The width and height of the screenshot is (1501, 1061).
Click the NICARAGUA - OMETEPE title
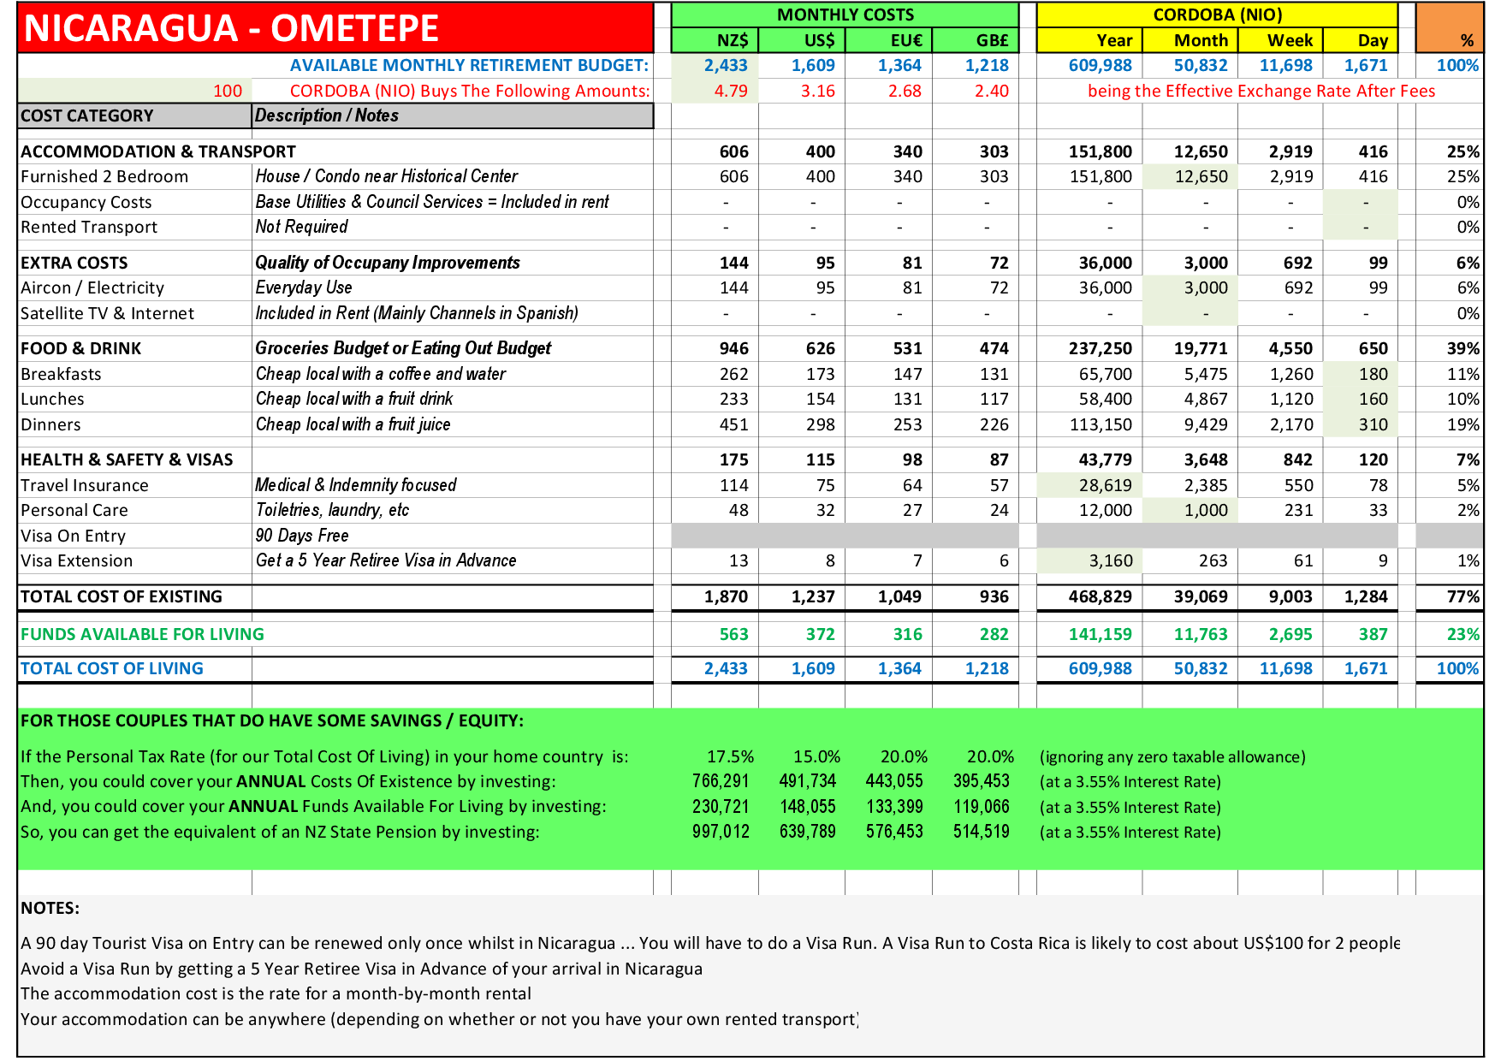(x=231, y=28)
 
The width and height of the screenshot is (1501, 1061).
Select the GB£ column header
(x=992, y=40)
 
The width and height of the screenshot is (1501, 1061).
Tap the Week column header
(x=1290, y=40)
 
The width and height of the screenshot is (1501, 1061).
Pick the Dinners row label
(x=51, y=425)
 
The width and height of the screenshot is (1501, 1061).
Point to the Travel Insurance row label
(x=85, y=485)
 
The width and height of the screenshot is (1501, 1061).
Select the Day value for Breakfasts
(x=1373, y=374)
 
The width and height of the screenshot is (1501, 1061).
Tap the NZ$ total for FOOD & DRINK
(x=733, y=348)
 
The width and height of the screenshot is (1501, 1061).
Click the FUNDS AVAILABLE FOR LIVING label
(x=142, y=634)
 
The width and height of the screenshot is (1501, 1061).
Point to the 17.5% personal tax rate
(x=730, y=756)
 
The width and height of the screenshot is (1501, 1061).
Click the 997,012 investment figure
(x=721, y=832)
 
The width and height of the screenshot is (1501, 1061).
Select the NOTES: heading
(x=50, y=908)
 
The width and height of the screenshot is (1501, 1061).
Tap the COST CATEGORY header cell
(x=87, y=116)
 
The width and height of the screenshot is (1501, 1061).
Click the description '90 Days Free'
(x=302, y=536)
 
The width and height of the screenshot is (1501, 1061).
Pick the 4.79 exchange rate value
(x=731, y=91)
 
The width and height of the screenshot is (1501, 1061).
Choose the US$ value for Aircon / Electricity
(x=824, y=288)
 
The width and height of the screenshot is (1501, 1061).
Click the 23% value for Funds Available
(x=1462, y=634)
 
